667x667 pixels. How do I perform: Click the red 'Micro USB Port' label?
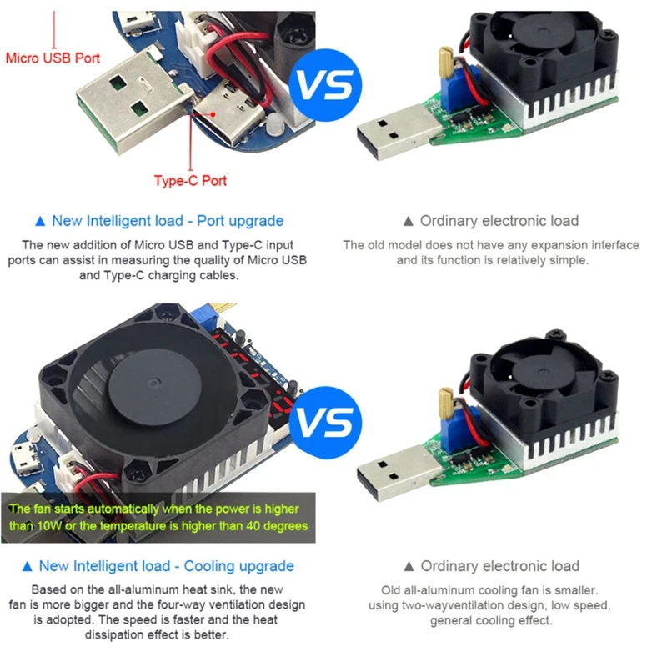pos(53,58)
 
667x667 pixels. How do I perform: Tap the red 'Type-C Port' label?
pos(190,180)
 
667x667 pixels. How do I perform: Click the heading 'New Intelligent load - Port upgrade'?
pos(168,221)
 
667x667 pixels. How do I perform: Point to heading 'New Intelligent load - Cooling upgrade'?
pos(173,566)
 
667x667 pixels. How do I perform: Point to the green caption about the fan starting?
pos(158,517)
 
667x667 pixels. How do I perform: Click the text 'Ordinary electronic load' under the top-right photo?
pos(499,221)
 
